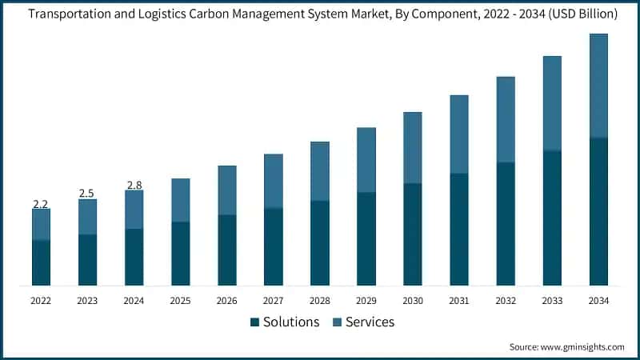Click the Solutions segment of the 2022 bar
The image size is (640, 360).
coord(41,262)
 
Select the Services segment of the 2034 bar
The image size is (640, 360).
coord(598,86)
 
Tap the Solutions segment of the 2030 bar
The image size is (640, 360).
coord(412,234)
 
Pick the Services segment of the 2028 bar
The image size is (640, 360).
coord(319,170)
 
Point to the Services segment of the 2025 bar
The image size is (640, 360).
coord(180,200)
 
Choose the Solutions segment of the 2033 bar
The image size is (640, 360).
coord(552,218)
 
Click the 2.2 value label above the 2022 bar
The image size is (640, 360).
coord(41,205)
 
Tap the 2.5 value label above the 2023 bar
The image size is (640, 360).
coord(87,194)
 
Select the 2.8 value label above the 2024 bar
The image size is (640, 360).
coord(134,186)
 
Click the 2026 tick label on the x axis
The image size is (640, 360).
coord(226,301)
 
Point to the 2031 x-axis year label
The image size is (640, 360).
coord(458,301)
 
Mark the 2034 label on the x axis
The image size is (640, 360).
coord(598,301)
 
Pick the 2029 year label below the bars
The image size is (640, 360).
coord(366,301)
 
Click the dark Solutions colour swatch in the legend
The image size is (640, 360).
coord(255,322)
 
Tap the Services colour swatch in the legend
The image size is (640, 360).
coord(337,322)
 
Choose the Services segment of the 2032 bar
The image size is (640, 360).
coord(506,119)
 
